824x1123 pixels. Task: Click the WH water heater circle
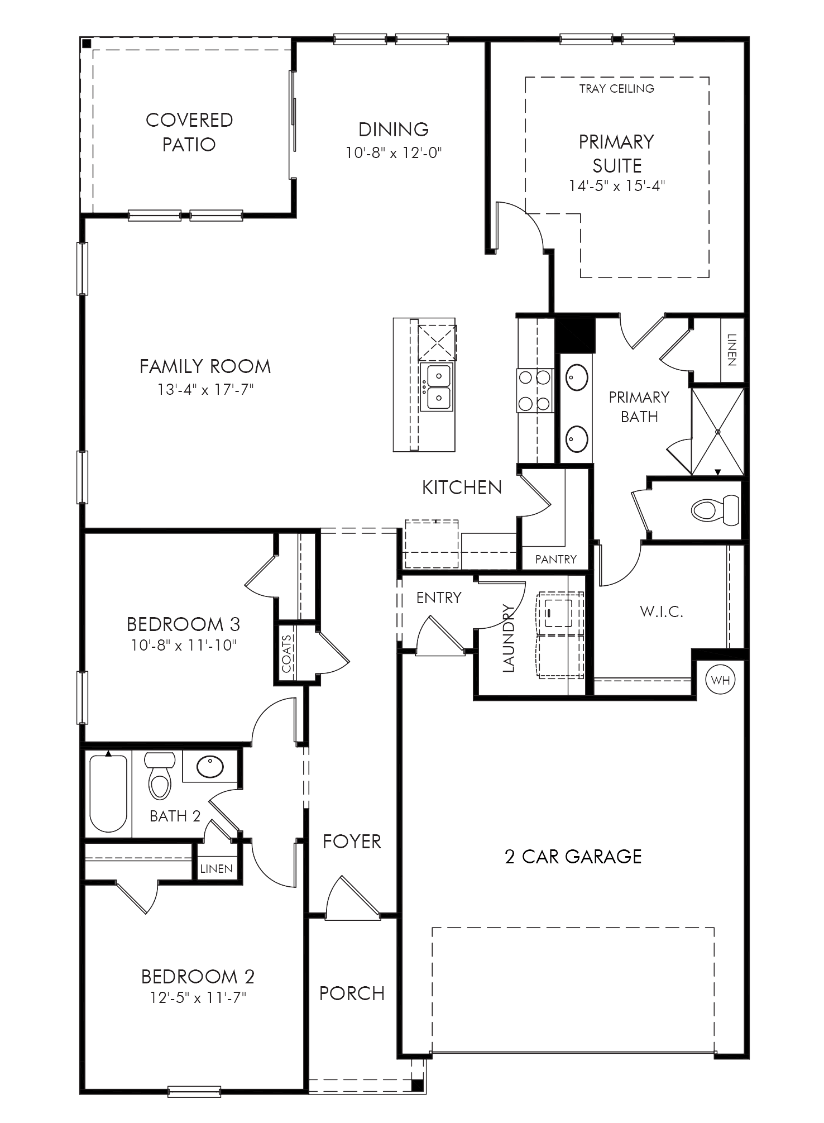[720, 680]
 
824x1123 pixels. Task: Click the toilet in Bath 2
[160, 775]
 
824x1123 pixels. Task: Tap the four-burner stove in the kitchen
[535, 390]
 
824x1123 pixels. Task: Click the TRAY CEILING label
[616, 88]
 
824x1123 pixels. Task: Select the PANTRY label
[555, 559]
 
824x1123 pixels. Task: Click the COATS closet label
[286, 653]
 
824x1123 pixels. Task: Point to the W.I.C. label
[662, 611]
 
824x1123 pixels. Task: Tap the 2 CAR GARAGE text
[573, 857]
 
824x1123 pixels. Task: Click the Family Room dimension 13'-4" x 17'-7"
[205, 389]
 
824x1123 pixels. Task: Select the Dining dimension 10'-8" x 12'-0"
[394, 152]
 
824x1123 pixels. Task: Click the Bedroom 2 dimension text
[198, 997]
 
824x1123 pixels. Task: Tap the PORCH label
[352, 993]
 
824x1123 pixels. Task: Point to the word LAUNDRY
[509, 638]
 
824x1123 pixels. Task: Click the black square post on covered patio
[87, 44]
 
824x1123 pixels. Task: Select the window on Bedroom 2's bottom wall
[194, 1091]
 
